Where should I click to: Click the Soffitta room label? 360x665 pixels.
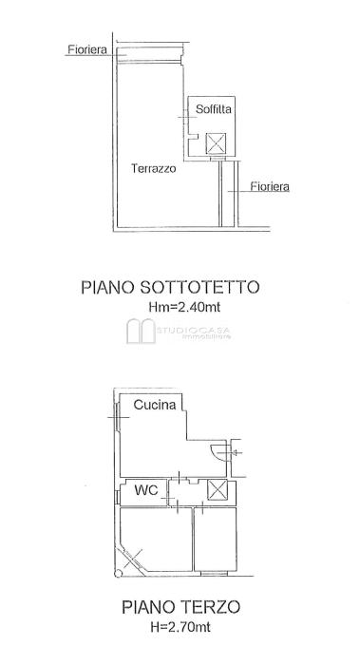214,109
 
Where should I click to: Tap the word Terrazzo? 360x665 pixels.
154,168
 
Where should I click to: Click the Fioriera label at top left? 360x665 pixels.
87,49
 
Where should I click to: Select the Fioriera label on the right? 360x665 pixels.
270,186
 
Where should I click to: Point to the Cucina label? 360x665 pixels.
155,405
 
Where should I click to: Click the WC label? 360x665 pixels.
146,491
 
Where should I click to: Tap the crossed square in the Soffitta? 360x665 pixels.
216,143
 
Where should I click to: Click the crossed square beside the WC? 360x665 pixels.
218,490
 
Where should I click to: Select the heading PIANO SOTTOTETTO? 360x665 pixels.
170,287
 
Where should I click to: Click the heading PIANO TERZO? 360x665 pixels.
181,607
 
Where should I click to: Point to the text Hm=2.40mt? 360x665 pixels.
184,307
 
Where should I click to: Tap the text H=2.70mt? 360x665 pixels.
180,627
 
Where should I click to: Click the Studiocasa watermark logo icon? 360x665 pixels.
141,331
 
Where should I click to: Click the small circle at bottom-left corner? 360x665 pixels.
119,574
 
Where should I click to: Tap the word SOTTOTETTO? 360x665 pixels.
199,287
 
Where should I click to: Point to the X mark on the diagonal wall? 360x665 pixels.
133,559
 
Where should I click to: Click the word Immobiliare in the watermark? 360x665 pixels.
206,336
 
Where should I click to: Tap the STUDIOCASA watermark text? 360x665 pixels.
194,329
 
